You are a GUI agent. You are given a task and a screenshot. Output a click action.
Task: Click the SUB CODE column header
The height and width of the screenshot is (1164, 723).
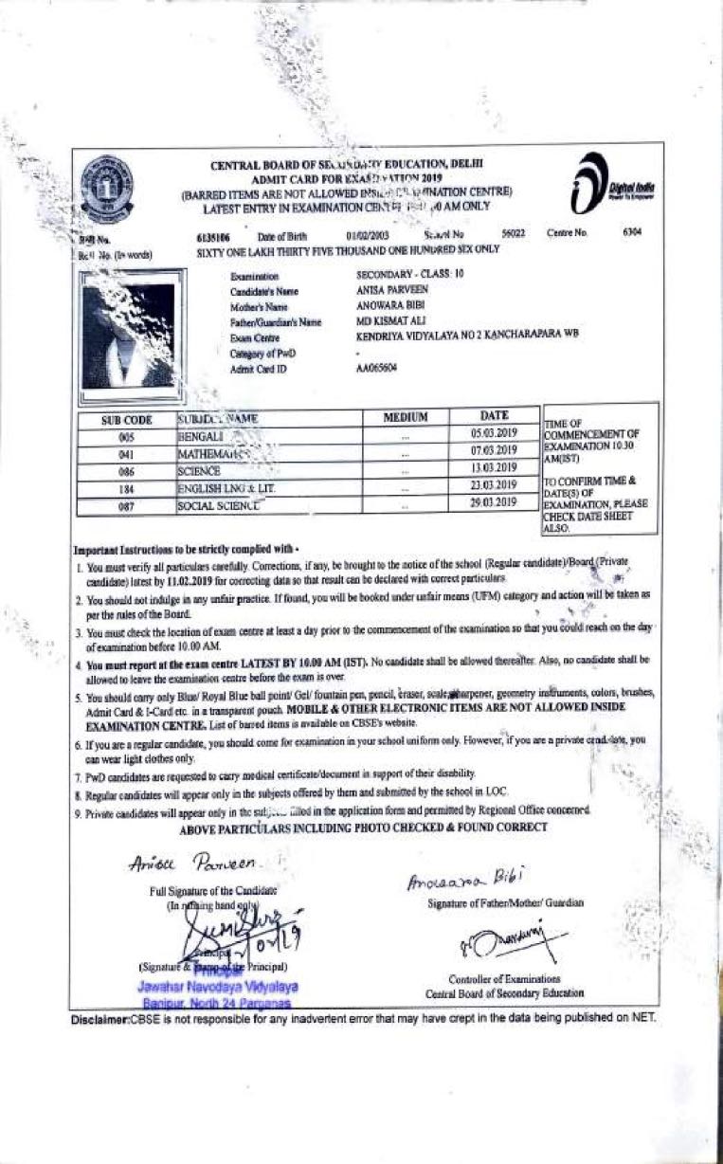click(x=127, y=417)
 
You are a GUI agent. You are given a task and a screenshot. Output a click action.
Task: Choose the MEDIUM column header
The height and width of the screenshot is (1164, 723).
click(x=406, y=417)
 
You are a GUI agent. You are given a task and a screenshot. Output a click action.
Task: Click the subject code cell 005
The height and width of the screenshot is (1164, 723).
click(x=127, y=436)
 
